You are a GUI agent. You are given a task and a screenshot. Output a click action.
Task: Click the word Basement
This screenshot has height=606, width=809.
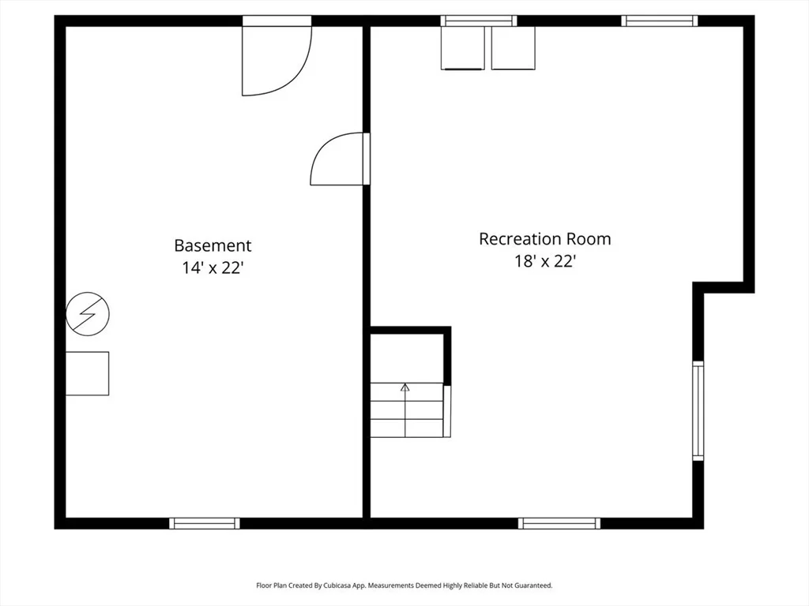click(x=213, y=245)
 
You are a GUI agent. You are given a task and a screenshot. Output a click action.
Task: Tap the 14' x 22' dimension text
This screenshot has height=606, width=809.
click(x=213, y=268)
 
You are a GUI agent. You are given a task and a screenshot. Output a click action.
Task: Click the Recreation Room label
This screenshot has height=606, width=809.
click(x=545, y=238)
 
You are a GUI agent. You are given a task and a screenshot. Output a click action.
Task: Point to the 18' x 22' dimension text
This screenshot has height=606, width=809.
click(x=545, y=261)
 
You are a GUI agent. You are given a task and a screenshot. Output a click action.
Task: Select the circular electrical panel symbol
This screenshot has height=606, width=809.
click(x=88, y=314)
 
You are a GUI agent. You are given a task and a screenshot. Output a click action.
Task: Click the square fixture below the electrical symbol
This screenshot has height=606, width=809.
click(x=87, y=373)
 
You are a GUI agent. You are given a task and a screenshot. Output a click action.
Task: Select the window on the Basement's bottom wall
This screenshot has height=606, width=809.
click(x=205, y=524)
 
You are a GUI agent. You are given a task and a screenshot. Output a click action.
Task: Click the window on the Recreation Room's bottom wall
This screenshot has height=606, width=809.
click(x=559, y=524)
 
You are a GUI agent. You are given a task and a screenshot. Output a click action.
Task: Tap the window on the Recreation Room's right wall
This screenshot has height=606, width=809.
click(x=698, y=410)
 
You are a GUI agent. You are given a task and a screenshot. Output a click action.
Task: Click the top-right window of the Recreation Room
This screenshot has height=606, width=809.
click(x=660, y=21)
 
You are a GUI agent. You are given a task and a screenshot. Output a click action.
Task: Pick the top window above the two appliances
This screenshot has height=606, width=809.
click(x=479, y=21)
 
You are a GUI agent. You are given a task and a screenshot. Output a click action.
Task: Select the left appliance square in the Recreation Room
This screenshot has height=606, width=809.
click(x=463, y=48)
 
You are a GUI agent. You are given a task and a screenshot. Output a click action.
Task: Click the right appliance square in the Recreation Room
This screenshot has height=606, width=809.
click(x=514, y=48)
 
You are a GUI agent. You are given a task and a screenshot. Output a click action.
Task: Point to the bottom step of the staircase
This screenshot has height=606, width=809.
click(x=407, y=428)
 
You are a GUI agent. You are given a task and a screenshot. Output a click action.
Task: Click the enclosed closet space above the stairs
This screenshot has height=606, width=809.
click(x=407, y=358)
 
